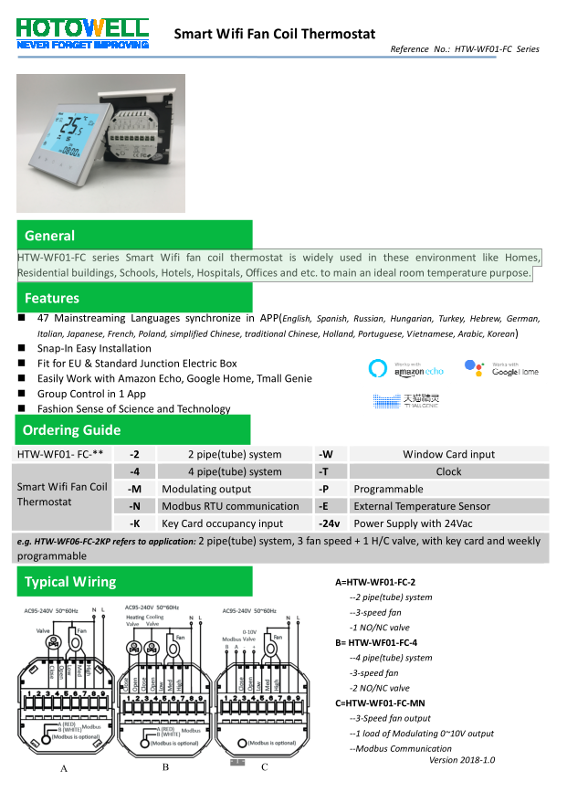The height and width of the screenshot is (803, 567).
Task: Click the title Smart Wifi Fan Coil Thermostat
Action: coord(275,34)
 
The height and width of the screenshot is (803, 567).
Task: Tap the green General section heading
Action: coord(50,236)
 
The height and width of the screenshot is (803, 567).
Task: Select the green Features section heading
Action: coord(52,298)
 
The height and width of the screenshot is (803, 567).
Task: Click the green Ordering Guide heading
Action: coord(71,430)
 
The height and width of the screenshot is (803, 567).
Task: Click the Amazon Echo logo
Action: coord(405,369)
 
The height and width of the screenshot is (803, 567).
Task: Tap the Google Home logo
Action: coord(501,368)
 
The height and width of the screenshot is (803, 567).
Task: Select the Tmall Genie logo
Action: coord(406,400)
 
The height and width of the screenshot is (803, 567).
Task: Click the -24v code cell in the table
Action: coord(329,523)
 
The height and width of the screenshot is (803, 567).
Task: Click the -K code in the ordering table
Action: coord(134,523)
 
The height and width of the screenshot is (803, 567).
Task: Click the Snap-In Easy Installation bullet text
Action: coord(94,348)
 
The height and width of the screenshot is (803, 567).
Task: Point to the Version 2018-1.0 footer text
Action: coord(462,759)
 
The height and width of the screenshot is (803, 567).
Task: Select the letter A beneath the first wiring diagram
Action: coord(64,769)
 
